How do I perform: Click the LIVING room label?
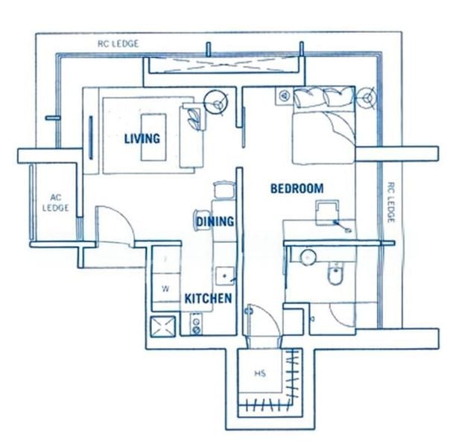pos(142,139)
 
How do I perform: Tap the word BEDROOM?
pos(297,188)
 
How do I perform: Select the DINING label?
pos(215,221)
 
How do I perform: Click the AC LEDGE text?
pos(56,203)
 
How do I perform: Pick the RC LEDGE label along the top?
pos(118,44)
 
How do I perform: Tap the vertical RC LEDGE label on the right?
pos(390,203)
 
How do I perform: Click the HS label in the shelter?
pos(260,372)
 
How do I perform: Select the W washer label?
pos(165,288)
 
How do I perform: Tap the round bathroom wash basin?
pos(307,257)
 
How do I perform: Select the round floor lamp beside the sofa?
pos(215,102)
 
